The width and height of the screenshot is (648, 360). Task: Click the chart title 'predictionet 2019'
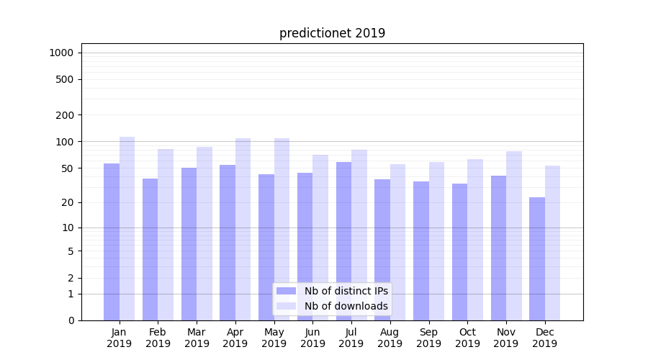click(x=332, y=33)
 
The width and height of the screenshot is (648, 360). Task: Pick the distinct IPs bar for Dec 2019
click(x=537, y=258)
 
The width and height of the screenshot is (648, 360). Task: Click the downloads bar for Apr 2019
click(x=243, y=230)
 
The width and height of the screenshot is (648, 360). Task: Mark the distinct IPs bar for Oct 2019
click(x=459, y=252)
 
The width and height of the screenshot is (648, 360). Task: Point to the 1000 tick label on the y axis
click(x=61, y=53)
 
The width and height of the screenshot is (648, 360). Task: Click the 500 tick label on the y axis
click(x=65, y=79)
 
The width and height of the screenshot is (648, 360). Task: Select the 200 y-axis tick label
click(x=65, y=115)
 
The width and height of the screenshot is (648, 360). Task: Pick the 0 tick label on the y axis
click(x=71, y=320)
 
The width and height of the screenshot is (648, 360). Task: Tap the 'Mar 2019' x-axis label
click(x=197, y=338)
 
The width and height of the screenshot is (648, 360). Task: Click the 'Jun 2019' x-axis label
click(x=312, y=338)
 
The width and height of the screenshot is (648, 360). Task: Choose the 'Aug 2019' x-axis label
click(x=390, y=338)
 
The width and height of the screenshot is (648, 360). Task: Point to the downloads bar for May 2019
click(x=282, y=230)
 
